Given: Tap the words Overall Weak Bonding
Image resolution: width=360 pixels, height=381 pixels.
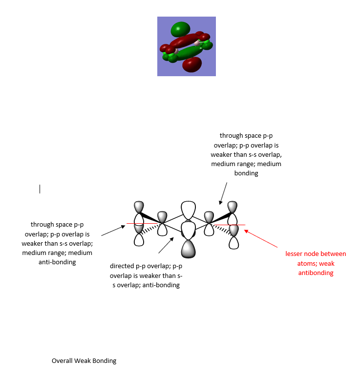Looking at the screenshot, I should (x=84, y=361).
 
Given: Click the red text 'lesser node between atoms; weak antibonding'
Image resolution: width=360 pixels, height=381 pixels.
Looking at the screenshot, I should (x=316, y=263).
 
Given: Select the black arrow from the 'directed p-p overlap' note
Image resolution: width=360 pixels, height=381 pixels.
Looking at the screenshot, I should (x=166, y=246).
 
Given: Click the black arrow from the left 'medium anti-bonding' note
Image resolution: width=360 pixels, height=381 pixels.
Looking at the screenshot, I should (x=112, y=230).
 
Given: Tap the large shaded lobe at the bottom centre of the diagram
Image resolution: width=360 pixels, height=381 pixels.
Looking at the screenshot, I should (x=188, y=249).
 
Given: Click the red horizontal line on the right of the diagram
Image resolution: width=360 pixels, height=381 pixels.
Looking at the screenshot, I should (x=230, y=225).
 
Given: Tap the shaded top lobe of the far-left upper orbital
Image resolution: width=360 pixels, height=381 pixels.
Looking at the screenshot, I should (x=139, y=206).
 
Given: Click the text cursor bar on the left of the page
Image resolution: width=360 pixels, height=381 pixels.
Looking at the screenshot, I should (x=40, y=189).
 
